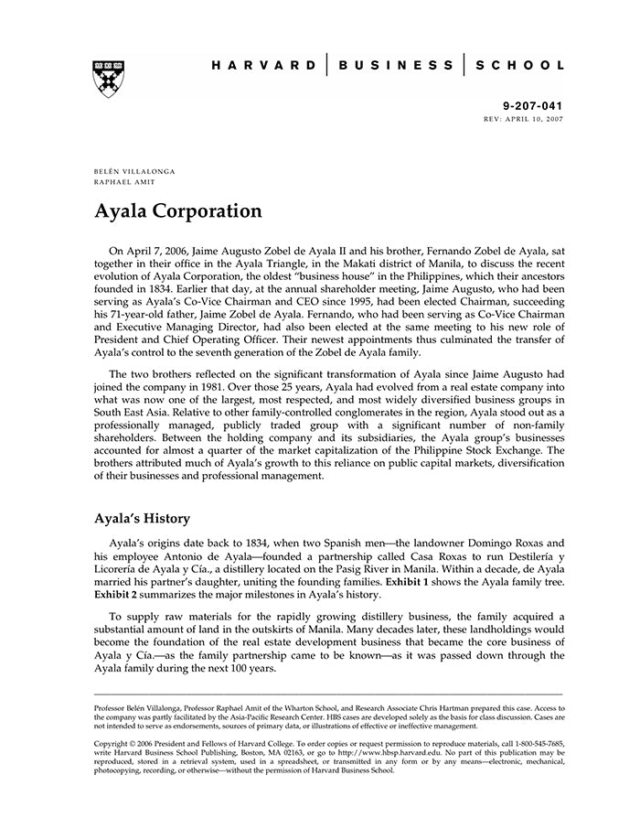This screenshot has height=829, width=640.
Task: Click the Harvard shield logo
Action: point(109,79)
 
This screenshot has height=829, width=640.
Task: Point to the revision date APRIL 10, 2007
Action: point(534,119)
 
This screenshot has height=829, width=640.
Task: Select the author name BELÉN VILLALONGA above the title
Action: point(134,171)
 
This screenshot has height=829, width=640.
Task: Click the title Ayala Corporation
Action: point(178,211)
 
